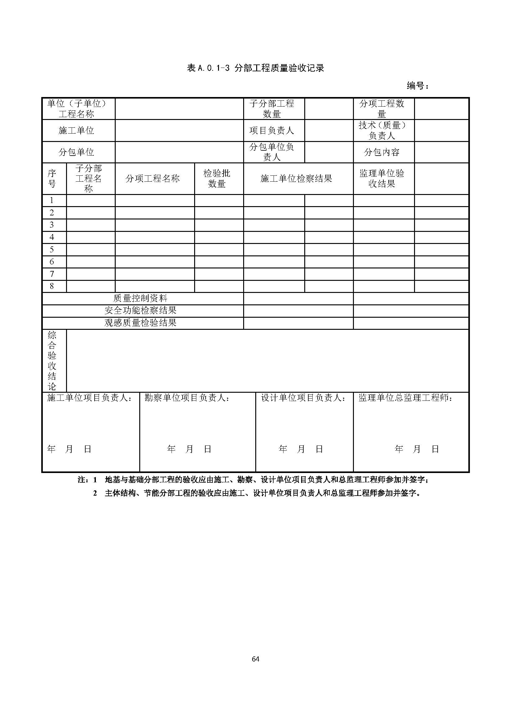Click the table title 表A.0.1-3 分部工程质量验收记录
point(256,68)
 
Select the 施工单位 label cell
point(76,130)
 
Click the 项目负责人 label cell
point(272,130)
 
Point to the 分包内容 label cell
point(381,152)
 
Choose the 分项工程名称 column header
point(153,179)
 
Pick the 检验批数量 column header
point(217,179)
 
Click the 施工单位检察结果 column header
point(296,179)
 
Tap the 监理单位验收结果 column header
point(381,179)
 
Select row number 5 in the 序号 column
point(52,250)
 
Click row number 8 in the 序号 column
point(52,286)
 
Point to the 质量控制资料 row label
point(140,298)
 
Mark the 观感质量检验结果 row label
point(140,323)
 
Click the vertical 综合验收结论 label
point(52,360)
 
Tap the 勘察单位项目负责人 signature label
point(187,398)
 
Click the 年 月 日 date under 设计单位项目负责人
point(301,449)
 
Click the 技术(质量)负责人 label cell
point(381,130)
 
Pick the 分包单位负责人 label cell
point(272,152)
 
